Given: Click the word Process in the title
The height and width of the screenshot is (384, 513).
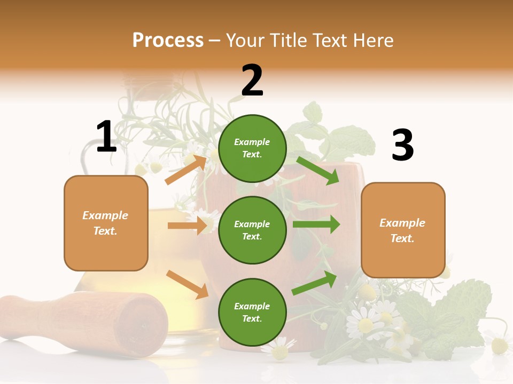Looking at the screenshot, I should coord(168,41).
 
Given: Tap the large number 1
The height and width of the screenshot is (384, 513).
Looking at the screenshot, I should coord(106,137).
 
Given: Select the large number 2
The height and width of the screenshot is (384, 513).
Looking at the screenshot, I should coord(252,81).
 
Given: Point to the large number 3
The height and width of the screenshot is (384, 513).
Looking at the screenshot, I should coord(402,145).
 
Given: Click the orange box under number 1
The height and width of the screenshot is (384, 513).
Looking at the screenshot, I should coord(106,223).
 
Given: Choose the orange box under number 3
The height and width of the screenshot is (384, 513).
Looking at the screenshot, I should coord(403,230).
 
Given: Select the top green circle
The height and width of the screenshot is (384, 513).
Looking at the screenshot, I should coord(252,148).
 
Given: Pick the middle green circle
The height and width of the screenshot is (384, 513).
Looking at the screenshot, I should coord(252,230).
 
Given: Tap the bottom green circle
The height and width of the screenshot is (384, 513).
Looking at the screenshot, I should coord(252,312).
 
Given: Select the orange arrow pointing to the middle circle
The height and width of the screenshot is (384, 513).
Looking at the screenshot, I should coord(187,226).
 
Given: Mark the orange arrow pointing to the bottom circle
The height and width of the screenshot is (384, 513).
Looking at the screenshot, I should coord(187,284).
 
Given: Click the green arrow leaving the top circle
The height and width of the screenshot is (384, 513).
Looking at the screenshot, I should coord(317,171).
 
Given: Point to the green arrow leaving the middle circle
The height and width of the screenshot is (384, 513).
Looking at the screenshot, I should coord(316,225).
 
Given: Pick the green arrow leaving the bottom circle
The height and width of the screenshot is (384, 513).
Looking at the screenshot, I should coord(314,283).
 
